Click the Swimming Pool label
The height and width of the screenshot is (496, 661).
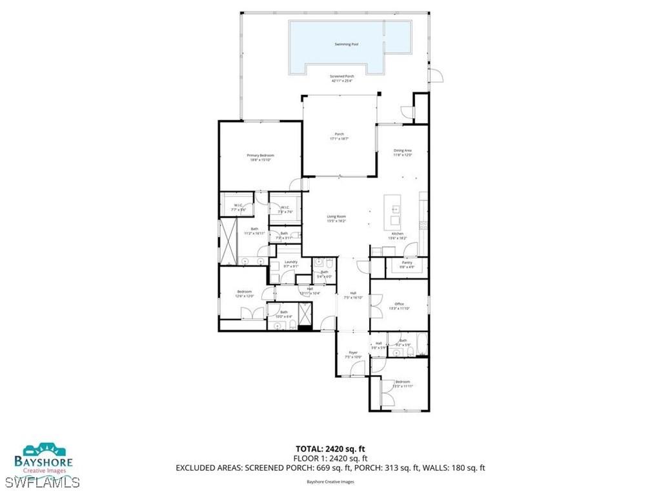347,45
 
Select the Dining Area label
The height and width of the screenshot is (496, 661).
403,152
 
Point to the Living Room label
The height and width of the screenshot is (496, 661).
336,218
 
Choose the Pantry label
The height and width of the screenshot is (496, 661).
407,264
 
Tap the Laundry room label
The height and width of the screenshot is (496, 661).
291,263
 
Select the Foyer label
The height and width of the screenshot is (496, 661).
353,354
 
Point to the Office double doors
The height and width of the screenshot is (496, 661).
375,304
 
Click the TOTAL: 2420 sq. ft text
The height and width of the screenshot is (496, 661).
330,449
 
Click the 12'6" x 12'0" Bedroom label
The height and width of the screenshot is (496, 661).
244,294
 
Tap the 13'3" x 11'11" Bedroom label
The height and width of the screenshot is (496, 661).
403,384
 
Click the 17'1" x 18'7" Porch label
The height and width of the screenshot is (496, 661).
339,136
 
